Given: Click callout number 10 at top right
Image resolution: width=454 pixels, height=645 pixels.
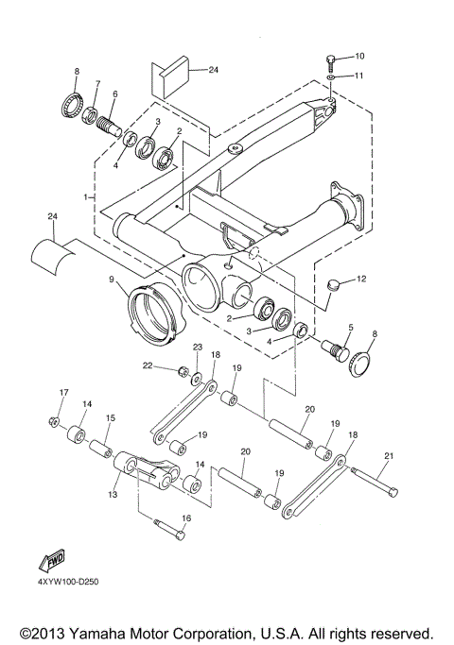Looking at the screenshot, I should (359, 57).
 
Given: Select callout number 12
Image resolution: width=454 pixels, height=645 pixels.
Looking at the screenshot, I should (360, 280).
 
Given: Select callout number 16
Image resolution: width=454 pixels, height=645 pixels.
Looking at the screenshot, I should (185, 518).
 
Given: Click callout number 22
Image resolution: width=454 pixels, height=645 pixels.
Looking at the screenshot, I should (148, 365).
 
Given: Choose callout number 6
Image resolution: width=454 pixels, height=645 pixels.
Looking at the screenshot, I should (114, 94).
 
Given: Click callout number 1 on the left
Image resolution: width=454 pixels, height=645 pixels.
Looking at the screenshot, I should (86, 197).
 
